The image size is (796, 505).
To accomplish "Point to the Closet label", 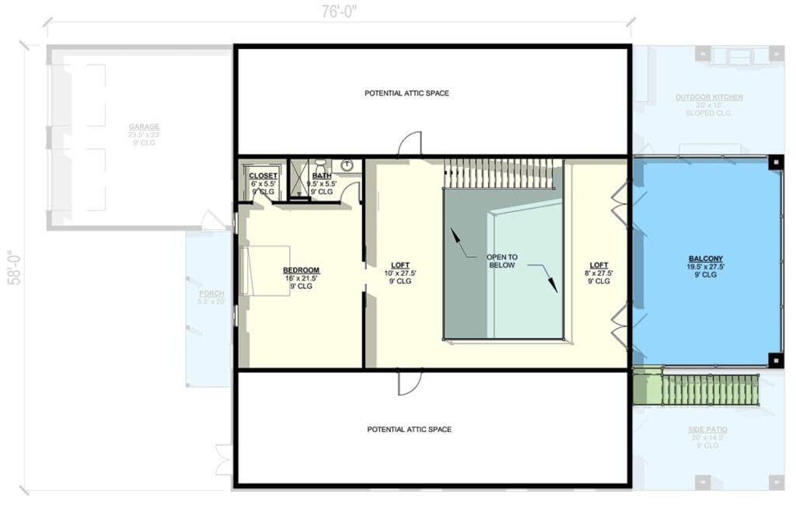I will pyautogui.click(x=263, y=176).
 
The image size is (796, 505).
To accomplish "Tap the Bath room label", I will pyautogui.click(x=321, y=176).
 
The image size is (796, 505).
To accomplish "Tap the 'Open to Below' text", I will pyautogui.click(x=501, y=261).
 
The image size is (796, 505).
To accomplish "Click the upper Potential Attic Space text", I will pyautogui.click(x=407, y=93).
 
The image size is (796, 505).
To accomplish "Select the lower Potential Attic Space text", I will pyautogui.click(x=409, y=429).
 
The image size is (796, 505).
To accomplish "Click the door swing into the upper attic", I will pyautogui.click(x=410, y=144).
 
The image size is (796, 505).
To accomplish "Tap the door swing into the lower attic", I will pyautogui.click(x=410, y=381).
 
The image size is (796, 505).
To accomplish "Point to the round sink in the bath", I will pyautogui.click(x=347, y=165).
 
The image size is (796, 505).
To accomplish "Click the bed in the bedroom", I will pyautogui.click(x=266, y=270).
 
